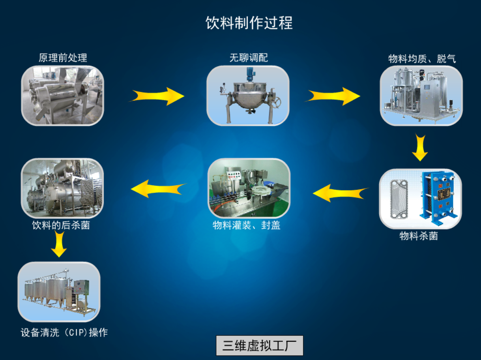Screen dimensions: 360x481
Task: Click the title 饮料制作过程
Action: [249, 23]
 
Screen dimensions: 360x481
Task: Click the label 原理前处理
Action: [63, 58]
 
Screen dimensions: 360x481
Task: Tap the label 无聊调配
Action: [249, 58]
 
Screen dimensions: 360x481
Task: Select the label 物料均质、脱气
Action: [422, 59]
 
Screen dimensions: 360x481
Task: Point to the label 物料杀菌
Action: [419, 236]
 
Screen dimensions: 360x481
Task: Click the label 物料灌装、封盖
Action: [247, 225]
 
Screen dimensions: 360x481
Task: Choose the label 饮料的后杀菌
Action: [61, 225]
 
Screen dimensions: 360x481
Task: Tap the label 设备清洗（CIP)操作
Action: [64, 333]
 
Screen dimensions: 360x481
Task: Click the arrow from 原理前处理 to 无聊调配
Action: [157, 96]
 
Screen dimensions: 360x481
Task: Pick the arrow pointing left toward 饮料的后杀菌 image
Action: [157, 189]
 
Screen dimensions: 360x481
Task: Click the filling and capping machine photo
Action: [249, 188]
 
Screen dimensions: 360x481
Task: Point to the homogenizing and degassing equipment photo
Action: [421, 95]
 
